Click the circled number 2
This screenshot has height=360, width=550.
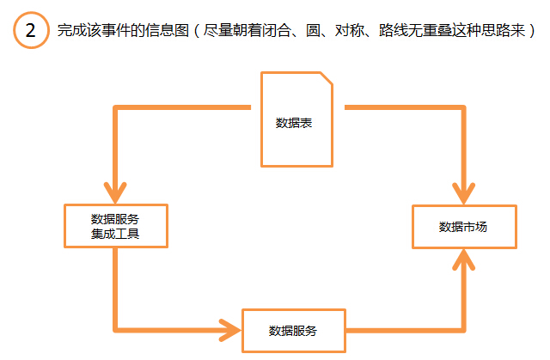click(30, 32)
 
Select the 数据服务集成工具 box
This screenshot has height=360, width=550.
click(115, 226)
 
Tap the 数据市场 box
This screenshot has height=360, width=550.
click(464, 227)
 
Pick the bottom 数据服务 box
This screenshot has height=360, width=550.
click(293, 330)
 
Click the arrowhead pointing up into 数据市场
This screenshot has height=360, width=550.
click(464, 259)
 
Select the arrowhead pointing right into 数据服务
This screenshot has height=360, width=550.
click(231, 330)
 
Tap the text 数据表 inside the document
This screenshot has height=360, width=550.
click(293, 123)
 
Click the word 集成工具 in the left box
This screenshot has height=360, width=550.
click(115, 234)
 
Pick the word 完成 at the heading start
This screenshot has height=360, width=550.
click(69, 32)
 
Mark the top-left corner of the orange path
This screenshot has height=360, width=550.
click(115, 108)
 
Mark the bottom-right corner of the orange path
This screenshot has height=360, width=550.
click(464, 330)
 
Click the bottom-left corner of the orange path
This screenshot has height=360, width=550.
click(115, 330)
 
